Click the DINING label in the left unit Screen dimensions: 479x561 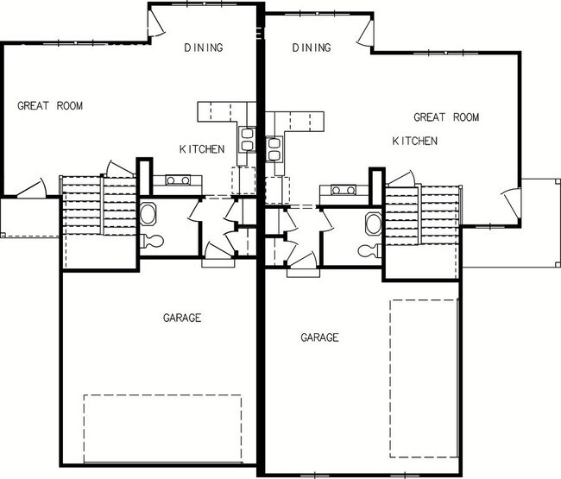[204, 47]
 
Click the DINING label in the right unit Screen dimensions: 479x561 [312, 47]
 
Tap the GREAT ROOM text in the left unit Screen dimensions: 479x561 [49, 106]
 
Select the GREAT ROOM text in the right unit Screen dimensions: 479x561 [445, 117]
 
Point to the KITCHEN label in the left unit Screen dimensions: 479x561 [202, 149]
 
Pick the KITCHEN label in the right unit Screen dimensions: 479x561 [414, 141]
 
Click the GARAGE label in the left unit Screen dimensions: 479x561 [182, 318]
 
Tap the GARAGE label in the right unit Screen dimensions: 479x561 [319, 337]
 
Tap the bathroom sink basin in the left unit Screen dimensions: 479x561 [148, 213]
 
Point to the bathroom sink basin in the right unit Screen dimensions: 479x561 [372, 224]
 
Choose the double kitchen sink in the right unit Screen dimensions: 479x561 [274, 149]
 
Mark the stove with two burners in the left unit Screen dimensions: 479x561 [183, 180]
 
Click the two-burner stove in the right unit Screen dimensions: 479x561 [337, 190]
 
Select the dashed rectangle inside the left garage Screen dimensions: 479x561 [161, 429]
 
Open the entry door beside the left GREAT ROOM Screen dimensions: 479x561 [32, 189]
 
